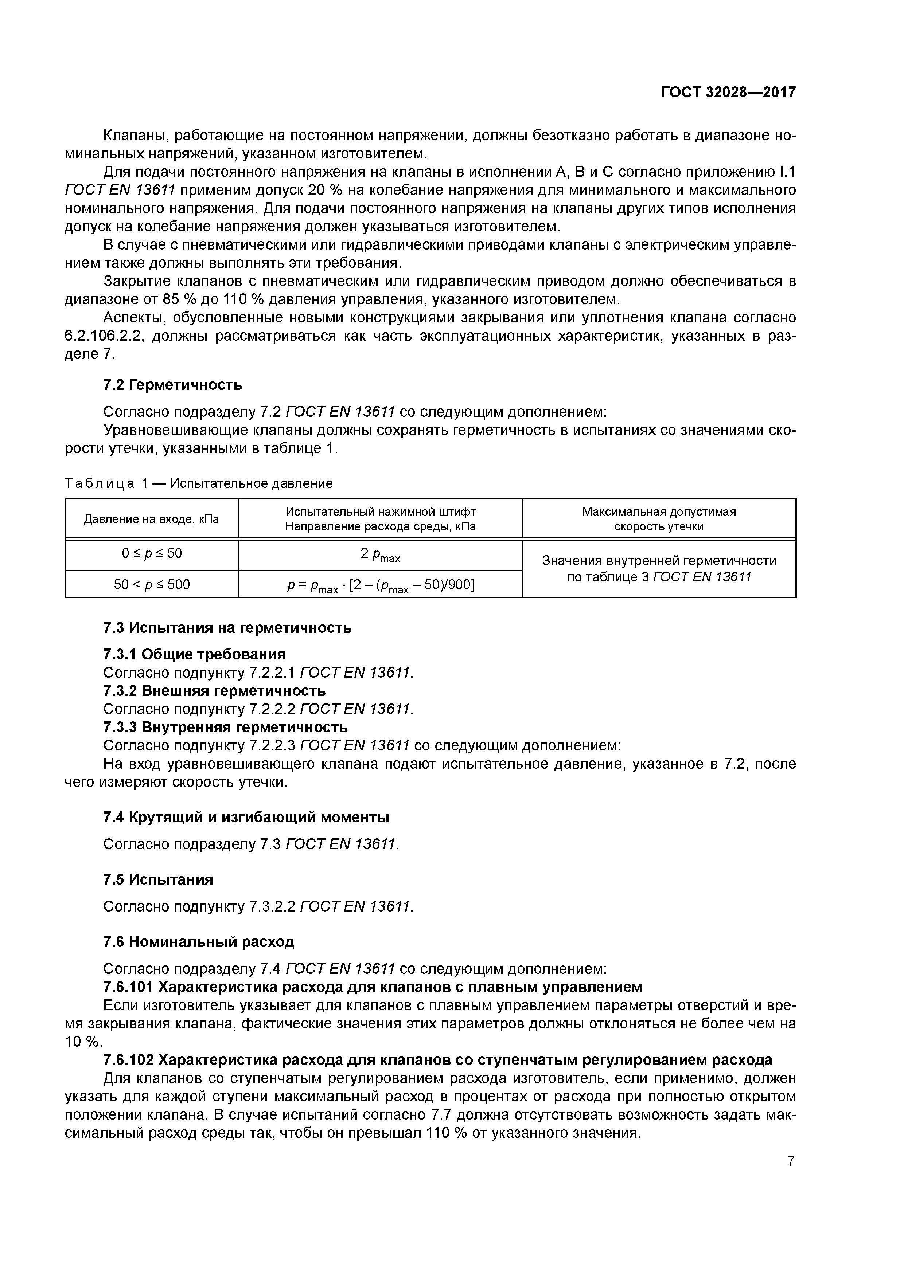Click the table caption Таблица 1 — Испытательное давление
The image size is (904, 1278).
pos(199,483)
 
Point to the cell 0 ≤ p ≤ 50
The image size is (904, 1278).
pos(152,553)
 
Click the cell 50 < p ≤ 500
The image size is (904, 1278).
pos(152,584)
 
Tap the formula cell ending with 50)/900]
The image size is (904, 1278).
pos(381,585)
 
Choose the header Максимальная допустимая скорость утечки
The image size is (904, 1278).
pos(659,519)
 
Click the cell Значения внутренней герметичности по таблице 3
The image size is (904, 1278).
pos(659,568)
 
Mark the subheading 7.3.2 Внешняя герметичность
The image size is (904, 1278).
pos(214,691)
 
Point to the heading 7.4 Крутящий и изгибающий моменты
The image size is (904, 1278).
pos(246,817)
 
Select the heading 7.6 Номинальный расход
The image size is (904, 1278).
pos(199,942)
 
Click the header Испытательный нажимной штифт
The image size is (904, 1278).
pos(381,511)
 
